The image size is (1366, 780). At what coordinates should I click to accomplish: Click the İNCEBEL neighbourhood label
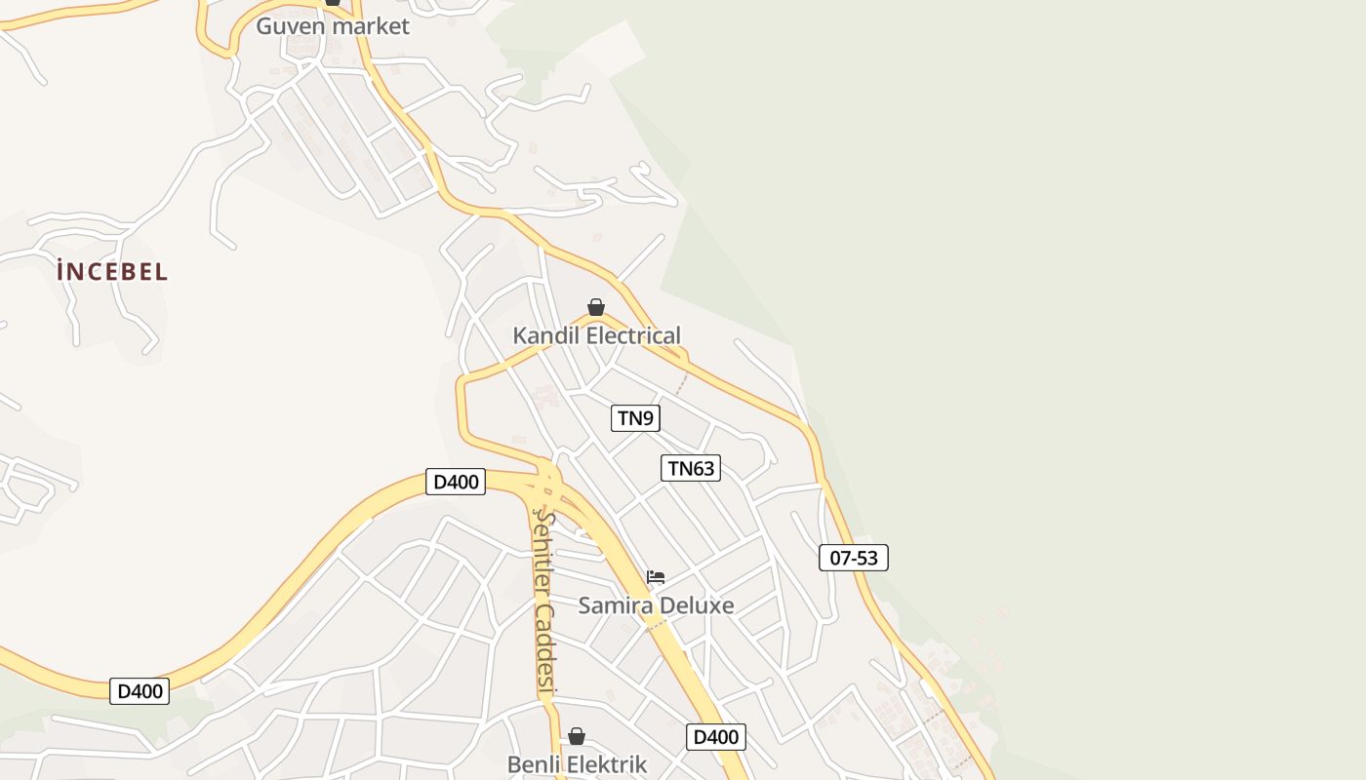pyautogui.click(x=112, y=272)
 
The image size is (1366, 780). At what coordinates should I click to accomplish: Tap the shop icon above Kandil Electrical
pyautogui.click(x=596, y=307)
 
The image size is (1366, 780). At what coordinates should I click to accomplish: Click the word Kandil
pyautogui.click(x=547, y=336)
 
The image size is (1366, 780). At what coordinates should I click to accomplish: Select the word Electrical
pyautogui.click(x=633, y=336)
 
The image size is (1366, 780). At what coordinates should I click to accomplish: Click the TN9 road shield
pyautogui.click(x=635, y=418)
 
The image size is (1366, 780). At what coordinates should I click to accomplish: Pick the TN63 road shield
pyautogui.click(x=691, y=468)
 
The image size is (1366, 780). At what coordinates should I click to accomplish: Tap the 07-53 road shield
pyautogui.click(x=853, y=558)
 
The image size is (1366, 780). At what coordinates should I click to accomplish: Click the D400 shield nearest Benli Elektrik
pyautogui.click(x=716, y=737)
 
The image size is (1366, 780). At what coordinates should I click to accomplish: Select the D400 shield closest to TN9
pyautogui.click(x=456, y=481)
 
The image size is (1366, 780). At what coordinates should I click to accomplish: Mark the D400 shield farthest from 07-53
pyautogui.click(x=140, y=691)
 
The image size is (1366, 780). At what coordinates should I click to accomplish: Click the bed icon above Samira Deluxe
pyautogui.click(x=656, y=577)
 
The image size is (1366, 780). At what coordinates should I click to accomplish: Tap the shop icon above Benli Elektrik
pyautogui.click(x=577, y=736)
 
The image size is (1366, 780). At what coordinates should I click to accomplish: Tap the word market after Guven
pyautogui.click(x=372, y=26)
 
